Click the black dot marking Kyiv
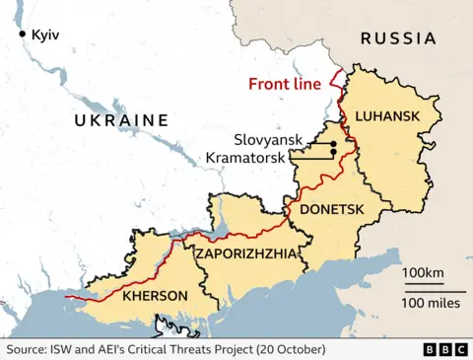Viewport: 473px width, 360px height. (x=22, y=35)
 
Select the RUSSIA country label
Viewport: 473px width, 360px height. (x=397, y=38)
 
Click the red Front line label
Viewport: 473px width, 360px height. (x=285, y=84)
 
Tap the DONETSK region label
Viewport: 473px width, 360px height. (x=325, y=209)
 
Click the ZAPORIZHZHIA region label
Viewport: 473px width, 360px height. (x=245, y=253)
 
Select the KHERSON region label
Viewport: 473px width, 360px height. (x=155, y=295)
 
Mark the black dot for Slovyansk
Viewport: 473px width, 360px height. (x=334, y=145)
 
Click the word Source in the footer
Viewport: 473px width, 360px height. (x=29, y=349)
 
